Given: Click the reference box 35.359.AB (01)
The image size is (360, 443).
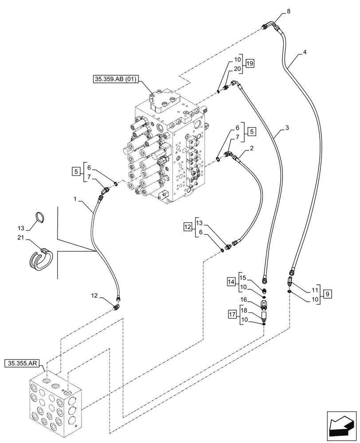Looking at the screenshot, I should [x=116, y=80].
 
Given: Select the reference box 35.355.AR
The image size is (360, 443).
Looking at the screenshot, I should [x=24, y=364].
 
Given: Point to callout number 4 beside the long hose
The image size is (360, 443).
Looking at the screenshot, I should [x=305, y=52].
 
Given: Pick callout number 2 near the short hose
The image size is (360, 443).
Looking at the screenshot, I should [x=251, y=149].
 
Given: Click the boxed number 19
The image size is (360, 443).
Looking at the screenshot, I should [x=250, y=64].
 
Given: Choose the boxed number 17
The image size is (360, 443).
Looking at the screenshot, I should [x=231, y=315].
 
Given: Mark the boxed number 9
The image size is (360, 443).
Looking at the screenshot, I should [x=327, y=293].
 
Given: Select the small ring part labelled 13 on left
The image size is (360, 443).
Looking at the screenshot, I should [x=40, y=217].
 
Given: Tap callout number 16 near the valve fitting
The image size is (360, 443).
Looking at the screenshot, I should [x=243, y=300].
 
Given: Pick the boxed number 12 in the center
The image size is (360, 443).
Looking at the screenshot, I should [x=188, y=227].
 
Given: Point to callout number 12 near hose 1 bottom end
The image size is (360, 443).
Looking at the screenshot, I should [x=94, y=295].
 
